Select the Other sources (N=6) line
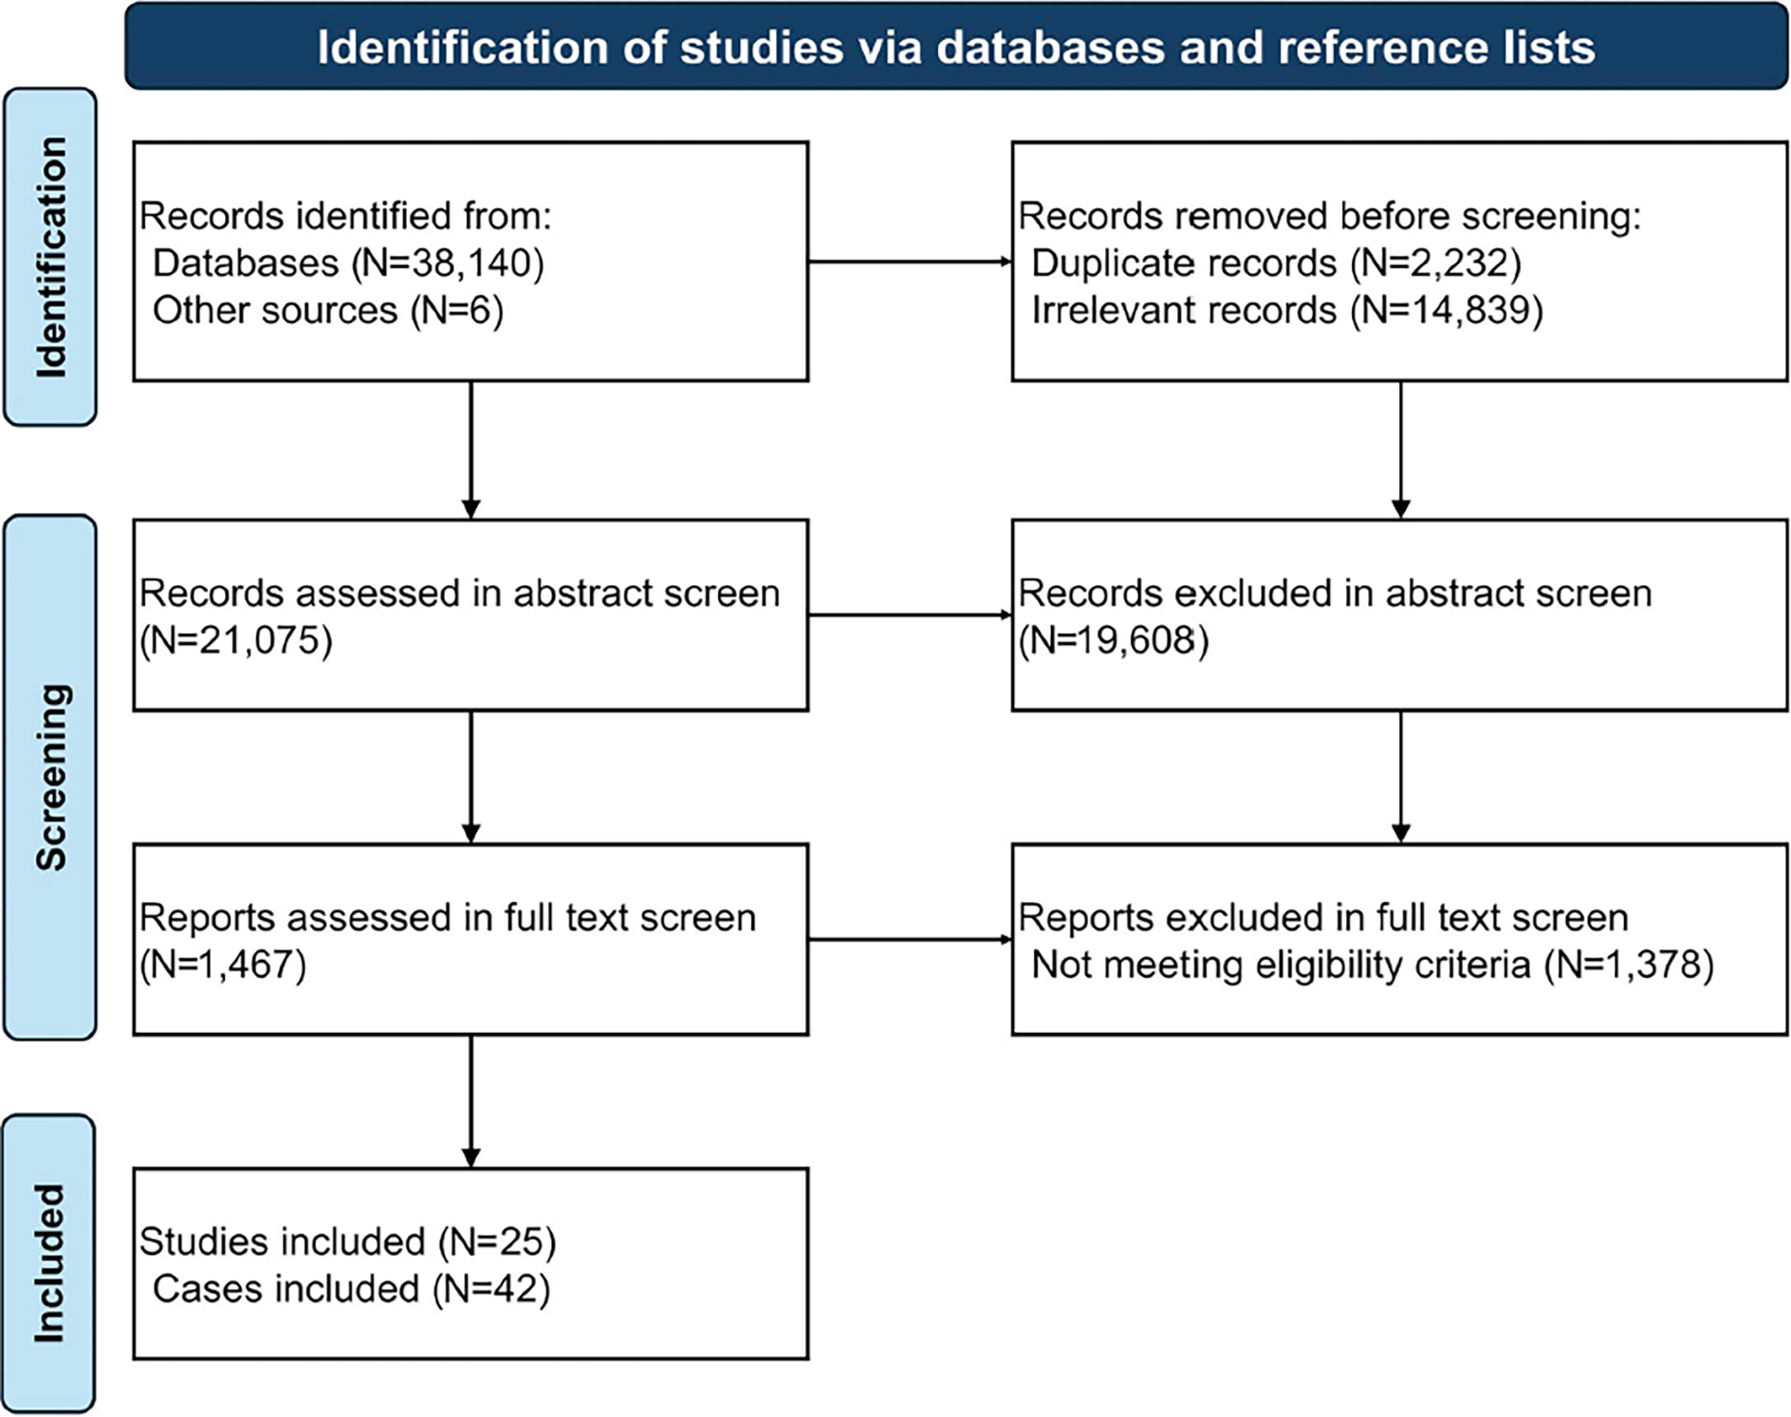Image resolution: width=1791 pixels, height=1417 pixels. (327, 311)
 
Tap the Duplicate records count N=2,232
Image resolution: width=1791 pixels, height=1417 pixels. (1436, 264)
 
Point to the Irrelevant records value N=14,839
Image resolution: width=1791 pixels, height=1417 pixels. (1447, 311)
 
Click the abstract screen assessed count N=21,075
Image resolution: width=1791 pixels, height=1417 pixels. (236, 641)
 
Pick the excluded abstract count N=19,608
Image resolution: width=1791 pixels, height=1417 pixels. (1114, 641)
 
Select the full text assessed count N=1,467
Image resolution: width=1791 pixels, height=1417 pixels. (223, 966)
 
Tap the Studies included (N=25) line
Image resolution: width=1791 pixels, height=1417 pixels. (347, 1242)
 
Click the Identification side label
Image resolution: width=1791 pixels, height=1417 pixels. (50, 257)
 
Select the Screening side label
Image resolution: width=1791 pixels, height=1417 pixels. (50, 777)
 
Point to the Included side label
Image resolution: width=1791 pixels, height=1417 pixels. (50, 1263)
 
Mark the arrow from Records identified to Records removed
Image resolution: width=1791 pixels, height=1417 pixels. (910, 262)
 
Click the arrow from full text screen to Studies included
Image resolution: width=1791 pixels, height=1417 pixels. (471, 1101)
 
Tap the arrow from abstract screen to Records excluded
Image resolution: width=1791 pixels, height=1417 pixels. (910, 616)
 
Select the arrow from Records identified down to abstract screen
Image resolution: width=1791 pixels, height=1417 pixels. (471, 450)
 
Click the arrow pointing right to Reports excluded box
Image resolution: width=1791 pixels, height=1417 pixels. (910, 940)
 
